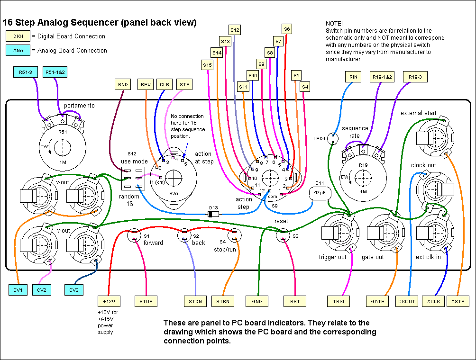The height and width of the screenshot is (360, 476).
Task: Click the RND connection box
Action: pos(123,84)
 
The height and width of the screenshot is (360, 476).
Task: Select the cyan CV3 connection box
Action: pos(74,290)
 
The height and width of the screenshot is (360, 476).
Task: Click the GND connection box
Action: pos(256,301)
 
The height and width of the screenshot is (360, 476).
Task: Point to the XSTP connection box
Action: pos(458,301)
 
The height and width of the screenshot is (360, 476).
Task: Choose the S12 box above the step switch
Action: pos(235,30)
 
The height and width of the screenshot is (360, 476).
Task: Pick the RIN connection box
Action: pos(353,77)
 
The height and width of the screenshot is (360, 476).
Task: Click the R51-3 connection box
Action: pos(25,72)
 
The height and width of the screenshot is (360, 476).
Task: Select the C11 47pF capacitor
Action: pos(319,193)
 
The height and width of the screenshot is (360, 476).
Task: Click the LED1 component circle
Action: pos(333,138)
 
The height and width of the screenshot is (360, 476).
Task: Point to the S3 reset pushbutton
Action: pos(283,234)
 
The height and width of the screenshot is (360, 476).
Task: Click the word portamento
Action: pos(79,105)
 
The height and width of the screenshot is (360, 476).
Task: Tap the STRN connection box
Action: pos(223,301)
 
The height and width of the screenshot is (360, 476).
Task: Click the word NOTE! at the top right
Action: pos(334,23)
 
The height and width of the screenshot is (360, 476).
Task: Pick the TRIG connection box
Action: pos(339,301)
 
